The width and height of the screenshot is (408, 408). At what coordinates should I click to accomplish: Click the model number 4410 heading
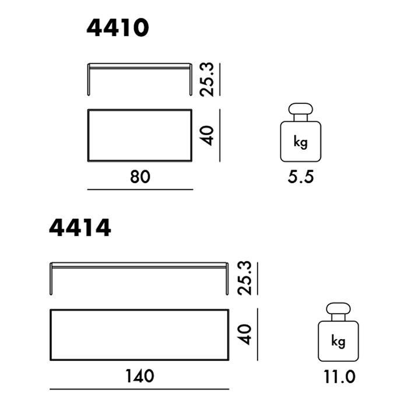pyautogui.click(x=118, y=27)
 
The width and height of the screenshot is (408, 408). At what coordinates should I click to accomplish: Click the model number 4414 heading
pyautogui.click(x=80, y=227)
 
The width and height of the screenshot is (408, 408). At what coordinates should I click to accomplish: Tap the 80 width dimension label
pyautogui.click(x=140, y=177)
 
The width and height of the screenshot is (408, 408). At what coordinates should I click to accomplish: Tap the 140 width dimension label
pyautogui.click(x=140, y=376)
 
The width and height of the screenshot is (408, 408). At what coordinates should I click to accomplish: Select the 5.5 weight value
pyautogui.click(x=301, y=177)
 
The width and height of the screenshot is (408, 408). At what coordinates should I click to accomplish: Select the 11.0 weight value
pyautogui.click(x=339, y=377)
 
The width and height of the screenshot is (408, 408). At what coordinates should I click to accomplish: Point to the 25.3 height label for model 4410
pyautogui.click(x=207, y=80)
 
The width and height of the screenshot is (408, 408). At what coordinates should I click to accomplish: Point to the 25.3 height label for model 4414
pyautogui.click(x=245, y=278)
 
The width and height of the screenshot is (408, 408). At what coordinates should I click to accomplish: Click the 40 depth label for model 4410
pyautogui.click(x=207, y=136)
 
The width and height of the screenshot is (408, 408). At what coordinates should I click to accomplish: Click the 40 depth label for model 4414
pyautogui.click(x=245, y=335)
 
